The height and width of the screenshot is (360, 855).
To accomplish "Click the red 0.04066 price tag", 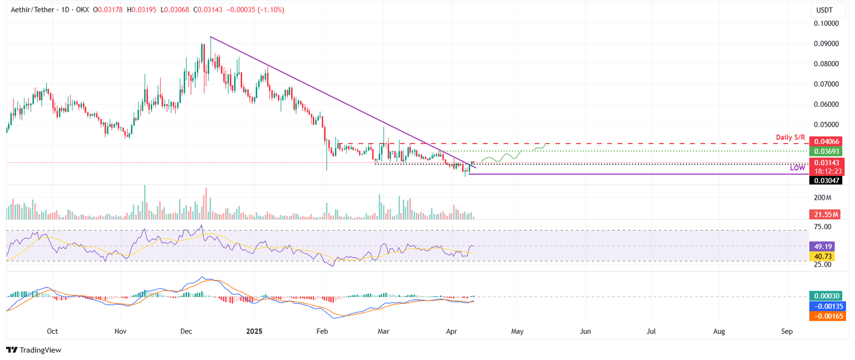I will click(825, 141).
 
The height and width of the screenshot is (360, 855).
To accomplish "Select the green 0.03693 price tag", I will click(825, 151).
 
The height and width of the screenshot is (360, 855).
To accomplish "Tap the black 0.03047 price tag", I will click(825, 180).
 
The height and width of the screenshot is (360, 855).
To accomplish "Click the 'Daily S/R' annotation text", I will click(790, 137).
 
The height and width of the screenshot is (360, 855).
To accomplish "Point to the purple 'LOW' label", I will click(797, 167).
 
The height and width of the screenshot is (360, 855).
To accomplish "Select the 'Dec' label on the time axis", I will click(186, 331).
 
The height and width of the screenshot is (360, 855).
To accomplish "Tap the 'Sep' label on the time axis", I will click(787, 331).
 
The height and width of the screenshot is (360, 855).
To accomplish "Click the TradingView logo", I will click(33, 350).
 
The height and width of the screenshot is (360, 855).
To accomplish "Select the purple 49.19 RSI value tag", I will click(821, 246).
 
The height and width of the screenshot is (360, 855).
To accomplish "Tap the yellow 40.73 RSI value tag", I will click(821, 256).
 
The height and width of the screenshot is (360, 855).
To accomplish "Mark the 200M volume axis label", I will click(823, 198).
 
